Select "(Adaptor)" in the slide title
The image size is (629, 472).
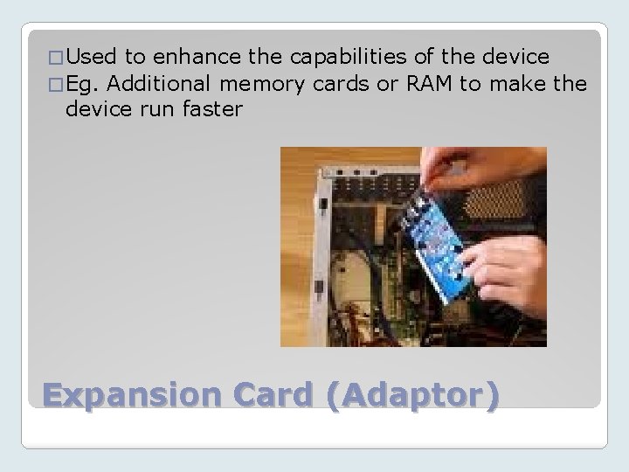[416, 396]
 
